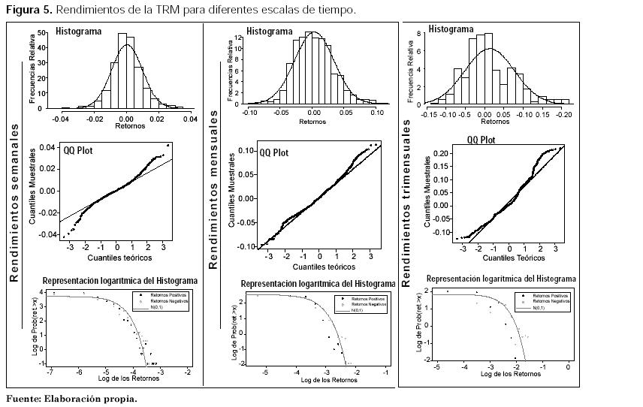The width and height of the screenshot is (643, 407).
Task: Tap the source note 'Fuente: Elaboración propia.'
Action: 71,399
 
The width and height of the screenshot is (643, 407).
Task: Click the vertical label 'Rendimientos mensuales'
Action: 213,189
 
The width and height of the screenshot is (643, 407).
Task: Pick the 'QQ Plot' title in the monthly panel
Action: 274,152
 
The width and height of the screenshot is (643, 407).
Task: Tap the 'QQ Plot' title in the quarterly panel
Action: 481,140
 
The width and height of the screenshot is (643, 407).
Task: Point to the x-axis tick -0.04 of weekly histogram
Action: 61,119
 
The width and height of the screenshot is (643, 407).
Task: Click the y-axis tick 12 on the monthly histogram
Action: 237,38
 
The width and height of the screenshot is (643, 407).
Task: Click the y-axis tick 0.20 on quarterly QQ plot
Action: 442,153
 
